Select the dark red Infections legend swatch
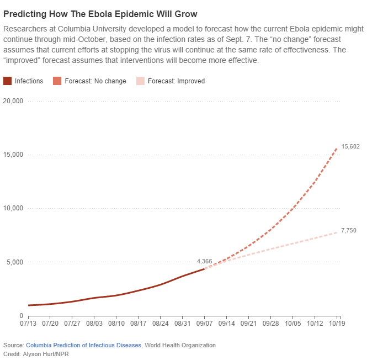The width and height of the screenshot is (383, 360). pos(8,81)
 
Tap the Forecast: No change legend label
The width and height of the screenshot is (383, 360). pos(95,81)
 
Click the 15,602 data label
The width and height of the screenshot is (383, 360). pos(351,146)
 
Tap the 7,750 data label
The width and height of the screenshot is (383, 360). pos(349,230)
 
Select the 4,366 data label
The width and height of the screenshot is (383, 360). pos(205,261)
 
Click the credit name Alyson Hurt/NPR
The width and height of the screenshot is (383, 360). pos(44,353)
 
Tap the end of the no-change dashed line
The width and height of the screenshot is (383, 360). pos(337,148)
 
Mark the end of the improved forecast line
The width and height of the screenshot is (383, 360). pos(337,232)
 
